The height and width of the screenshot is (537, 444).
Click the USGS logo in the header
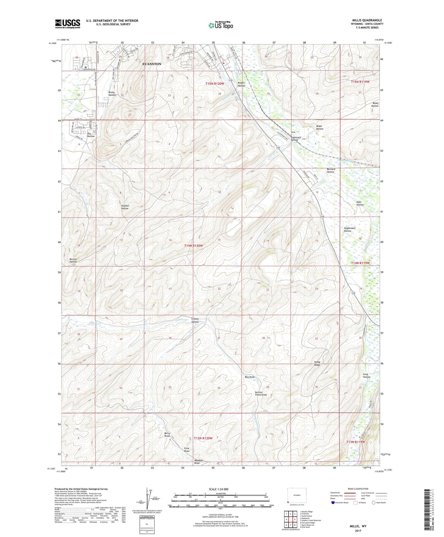coord(67,24)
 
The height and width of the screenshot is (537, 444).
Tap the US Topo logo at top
coord(220,25)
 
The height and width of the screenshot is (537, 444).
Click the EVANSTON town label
coord(151,64)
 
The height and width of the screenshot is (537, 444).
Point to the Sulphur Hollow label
coord(124,207)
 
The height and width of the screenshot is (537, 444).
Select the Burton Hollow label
coord(73,261)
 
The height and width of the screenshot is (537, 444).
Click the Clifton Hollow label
coord(195,320)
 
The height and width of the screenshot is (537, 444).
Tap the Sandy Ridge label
coord(317,363)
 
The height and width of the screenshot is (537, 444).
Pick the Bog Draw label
coord(250,377)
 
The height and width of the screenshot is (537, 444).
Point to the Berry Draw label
coord(167,435)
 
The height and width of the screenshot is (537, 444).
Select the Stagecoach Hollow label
coord(349,229)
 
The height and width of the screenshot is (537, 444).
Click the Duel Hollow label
coord(360,203)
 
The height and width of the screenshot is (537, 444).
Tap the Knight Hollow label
coord(241,84)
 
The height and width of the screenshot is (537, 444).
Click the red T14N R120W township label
coord(194,245)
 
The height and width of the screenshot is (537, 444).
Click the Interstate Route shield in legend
coord(333,503)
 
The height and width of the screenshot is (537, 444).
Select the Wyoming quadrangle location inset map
coord(297,495)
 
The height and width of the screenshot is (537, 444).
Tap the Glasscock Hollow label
coord(294,138)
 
